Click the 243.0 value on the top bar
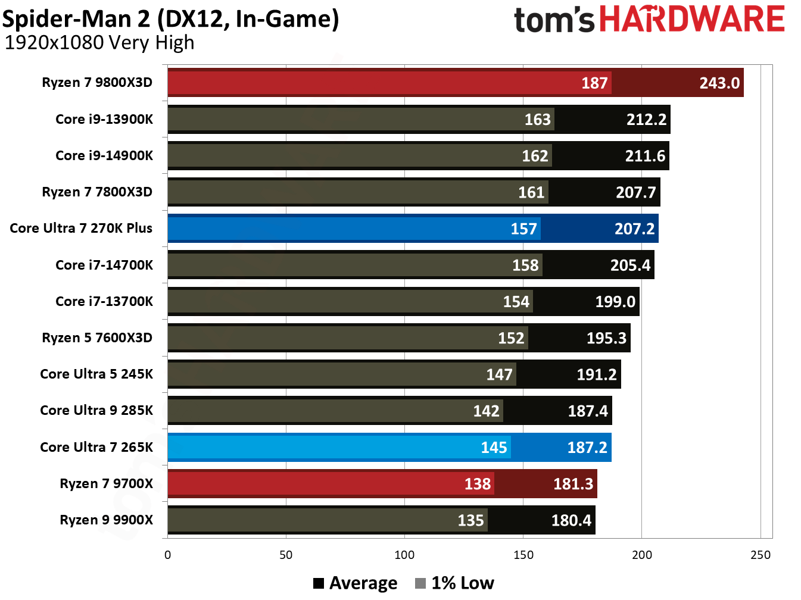(x=719, y=83)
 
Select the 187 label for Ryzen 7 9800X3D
(x=594, y=83)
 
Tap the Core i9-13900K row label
(x=104, y=119)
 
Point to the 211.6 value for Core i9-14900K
(x=644, y=156)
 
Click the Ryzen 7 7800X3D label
(x=97, y=192)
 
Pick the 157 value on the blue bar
(x=523, y=229)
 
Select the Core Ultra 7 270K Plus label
(x=81, y=228)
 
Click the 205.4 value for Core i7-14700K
(x=630, y=265)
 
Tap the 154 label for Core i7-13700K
(x=516, y=302)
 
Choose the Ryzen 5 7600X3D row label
(x=97, y=337)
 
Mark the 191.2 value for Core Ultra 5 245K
(x=597, y=374)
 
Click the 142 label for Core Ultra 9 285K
(x=486, y=411)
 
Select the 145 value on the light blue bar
(x=494, y=448)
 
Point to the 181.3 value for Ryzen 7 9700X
(x=573, y=484)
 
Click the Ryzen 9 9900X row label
(x=106, y=520)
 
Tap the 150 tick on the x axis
(x=523, y=555)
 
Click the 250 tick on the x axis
(x=760, y=555)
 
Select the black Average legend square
(x=319, y=583)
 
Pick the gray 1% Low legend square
(x=420, y=583)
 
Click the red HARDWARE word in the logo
(x=691, y=19)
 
